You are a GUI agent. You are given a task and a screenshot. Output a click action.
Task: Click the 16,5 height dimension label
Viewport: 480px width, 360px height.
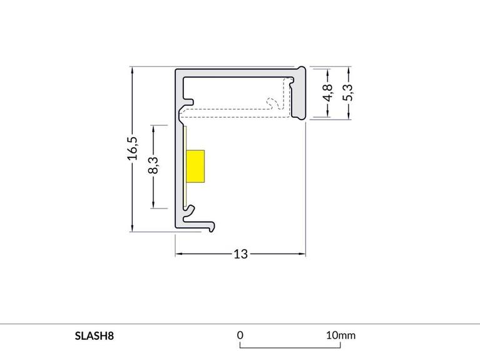(x=133, y=149)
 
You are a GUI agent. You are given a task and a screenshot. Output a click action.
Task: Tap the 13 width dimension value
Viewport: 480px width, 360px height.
(x=241, y=254)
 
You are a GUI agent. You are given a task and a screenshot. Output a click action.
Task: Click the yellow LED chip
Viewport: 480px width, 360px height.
(x=196, y=167)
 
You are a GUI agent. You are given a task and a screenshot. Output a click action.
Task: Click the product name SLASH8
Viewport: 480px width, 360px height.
(x=94, y=335)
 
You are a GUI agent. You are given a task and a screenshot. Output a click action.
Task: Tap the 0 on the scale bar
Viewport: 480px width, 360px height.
(x=240, y=335)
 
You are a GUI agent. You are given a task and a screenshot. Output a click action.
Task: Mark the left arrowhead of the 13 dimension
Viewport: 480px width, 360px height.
(x=178, y=254)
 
